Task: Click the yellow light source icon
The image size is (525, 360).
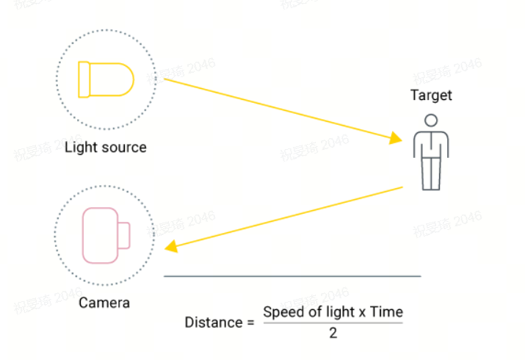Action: click(106, 79)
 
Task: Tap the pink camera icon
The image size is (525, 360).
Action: click(105, 235)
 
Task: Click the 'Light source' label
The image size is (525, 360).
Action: click(106, 147)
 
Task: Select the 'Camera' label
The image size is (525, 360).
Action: click(104, 303)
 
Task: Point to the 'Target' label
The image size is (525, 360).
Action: click(431, 96)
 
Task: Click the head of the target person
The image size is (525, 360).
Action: click(431, 120)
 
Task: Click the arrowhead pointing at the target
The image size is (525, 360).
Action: click(396, 137)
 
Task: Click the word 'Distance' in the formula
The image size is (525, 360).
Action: click(213, 323)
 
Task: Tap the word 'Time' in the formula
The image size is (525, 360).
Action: click(386, 312)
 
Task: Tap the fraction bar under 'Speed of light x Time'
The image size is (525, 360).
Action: click(333, 323)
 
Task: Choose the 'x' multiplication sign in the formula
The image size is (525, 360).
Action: click(362, 312)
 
